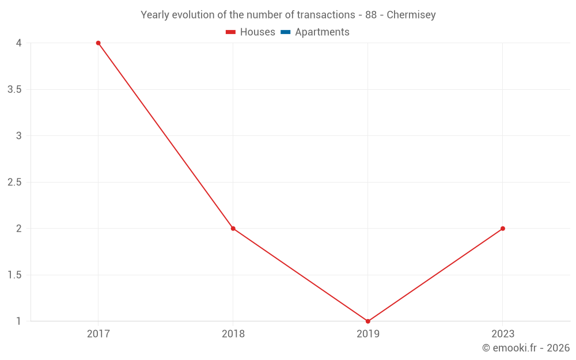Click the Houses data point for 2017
(x=98, y=43)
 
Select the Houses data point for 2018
(x=233, y=229)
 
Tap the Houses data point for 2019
(x=368, y=321)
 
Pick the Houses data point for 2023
(x=503, y=229)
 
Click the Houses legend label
(x=257, y=32)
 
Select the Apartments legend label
(x=322, y=32)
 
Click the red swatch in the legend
(x=231, y=32)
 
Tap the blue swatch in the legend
(x=285, y=32)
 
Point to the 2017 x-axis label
(x=98, y=334)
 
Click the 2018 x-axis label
(x=233, y=334)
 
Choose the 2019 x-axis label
(x=368, y=334)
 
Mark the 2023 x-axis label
(x=503, y=334)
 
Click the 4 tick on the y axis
(x=18, y=43)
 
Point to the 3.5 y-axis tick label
(x=15, y=90)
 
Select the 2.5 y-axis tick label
(x=15, y=183)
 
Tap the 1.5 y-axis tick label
(x=15, y=275)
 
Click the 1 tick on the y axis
(x=18, y=321)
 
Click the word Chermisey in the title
(x=411, y=15)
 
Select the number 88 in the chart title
(x=371, y=15)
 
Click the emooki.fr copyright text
(x=526, y=348)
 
